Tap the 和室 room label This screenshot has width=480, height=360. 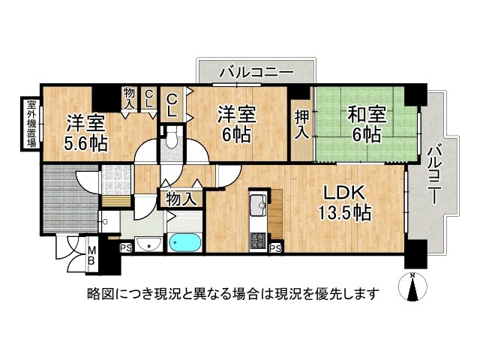(x=367, y=116)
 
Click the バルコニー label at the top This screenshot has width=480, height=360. (x=256, y=73)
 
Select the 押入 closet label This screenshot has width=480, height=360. (x=301, y=123)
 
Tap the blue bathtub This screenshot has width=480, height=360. (x=184, y=243)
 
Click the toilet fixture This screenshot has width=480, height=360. (x=171, y=138)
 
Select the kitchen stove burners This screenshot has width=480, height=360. (x=259, y=240)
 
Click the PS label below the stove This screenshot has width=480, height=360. (x=275, y=249)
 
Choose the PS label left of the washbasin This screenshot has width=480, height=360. (x=124, y=246)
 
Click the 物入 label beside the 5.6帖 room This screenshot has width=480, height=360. (x=130, y=98)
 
